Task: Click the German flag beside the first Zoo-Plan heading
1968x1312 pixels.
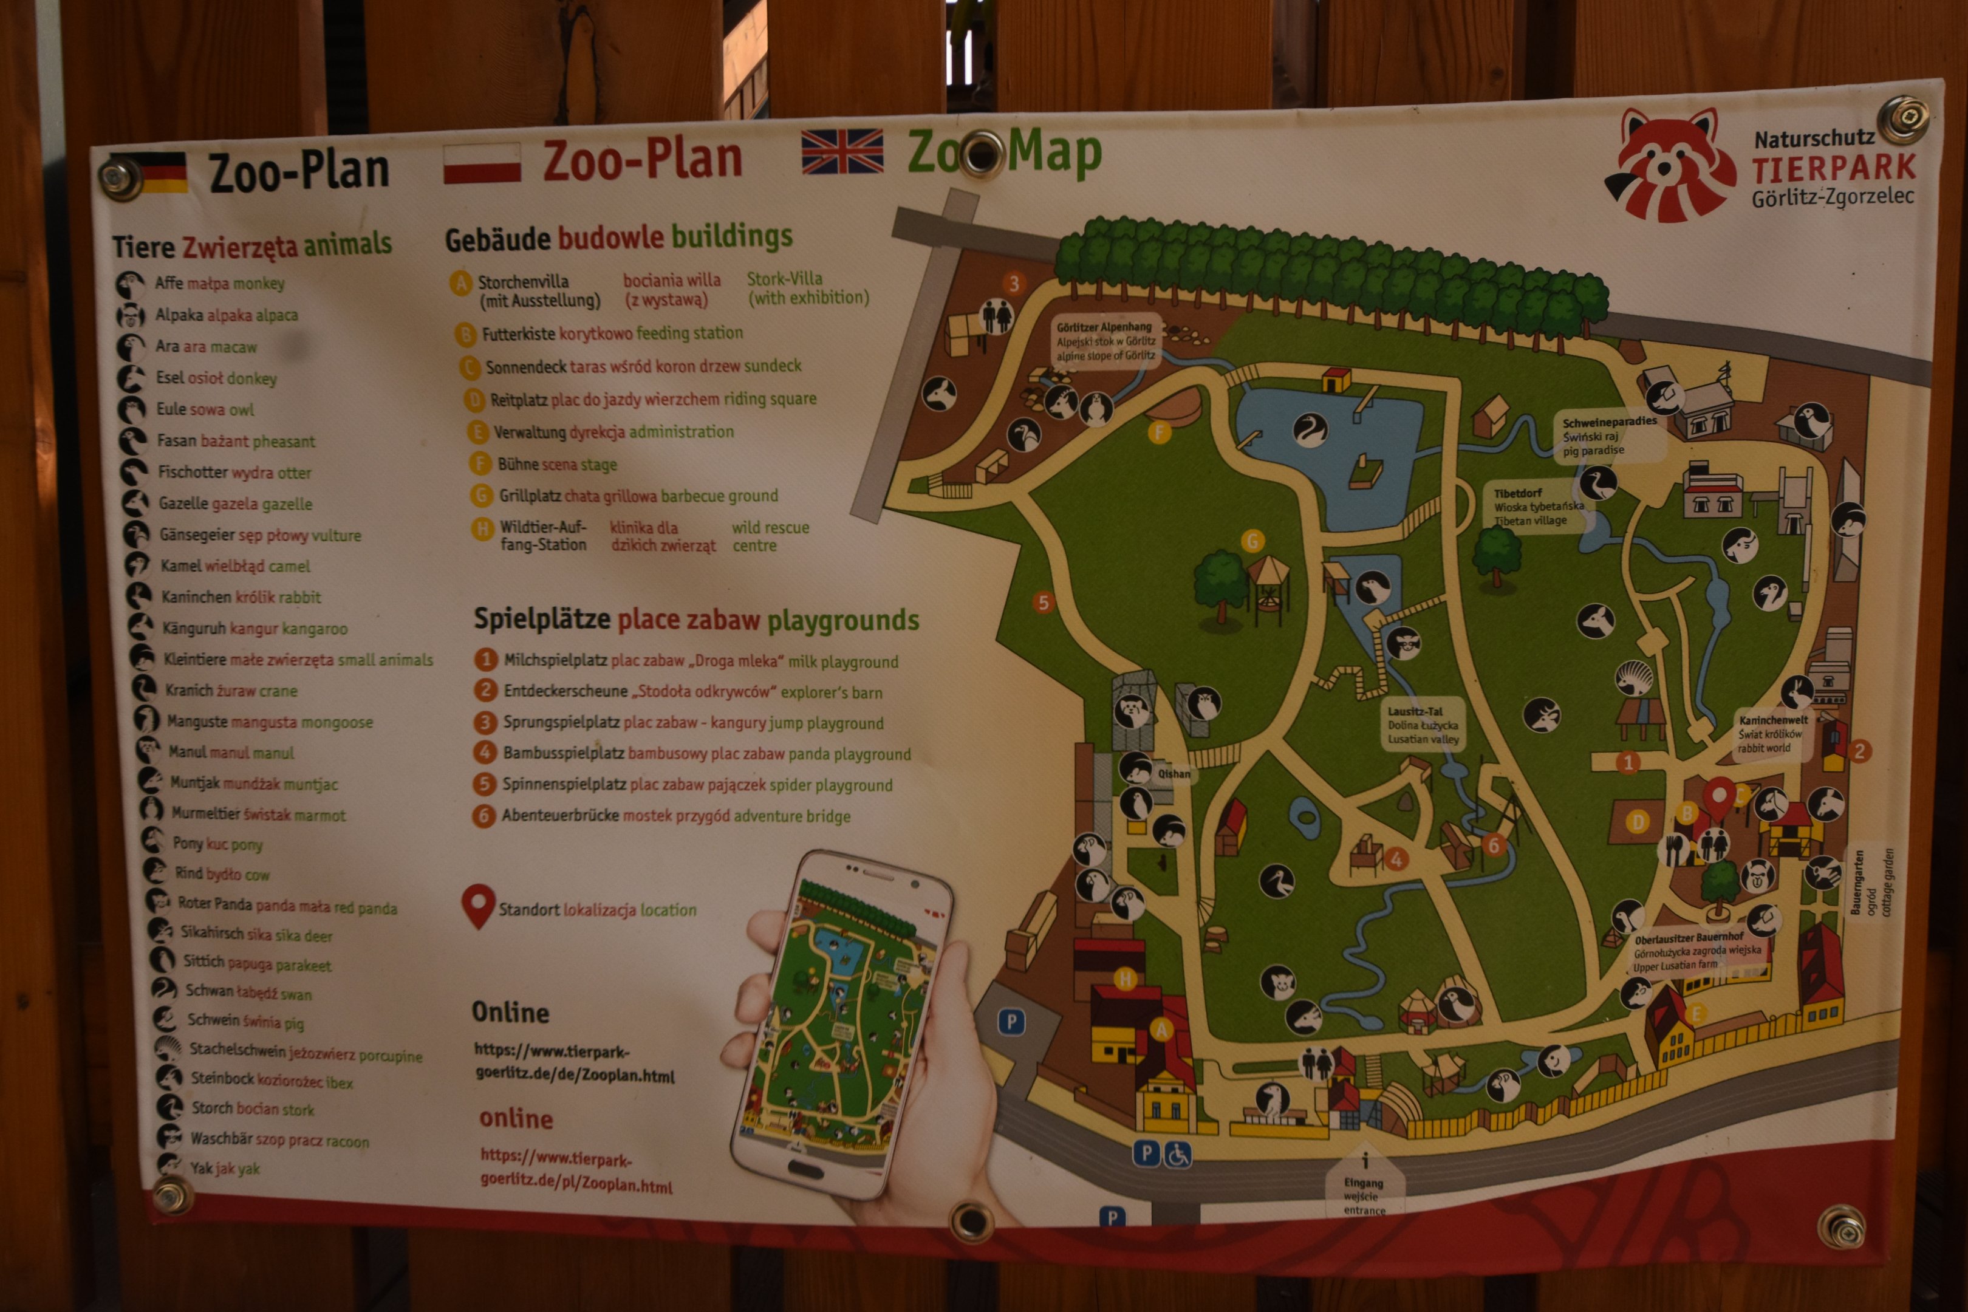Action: tap(163, 173)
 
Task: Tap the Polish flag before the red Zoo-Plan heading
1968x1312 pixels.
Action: tap(482, 163)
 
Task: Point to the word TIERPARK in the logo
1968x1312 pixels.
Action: tap(1833, 168)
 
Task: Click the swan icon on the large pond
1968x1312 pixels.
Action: tap(1310, 429)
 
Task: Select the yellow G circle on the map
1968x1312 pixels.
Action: tap(1252, 541)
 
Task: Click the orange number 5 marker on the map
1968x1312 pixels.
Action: tap(1042, 603)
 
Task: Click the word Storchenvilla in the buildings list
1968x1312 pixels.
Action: tap(523, 282)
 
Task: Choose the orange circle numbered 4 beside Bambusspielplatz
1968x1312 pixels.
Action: tap(485, 752)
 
